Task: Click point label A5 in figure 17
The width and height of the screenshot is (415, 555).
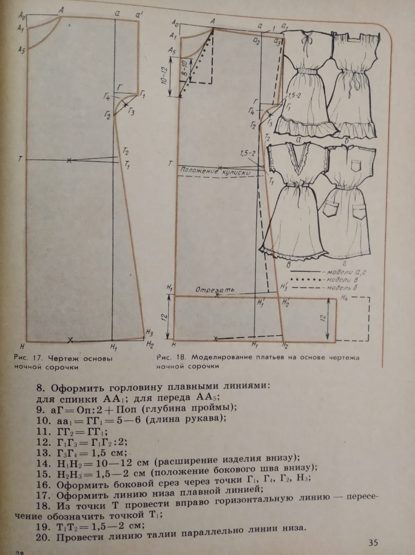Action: click(22, 50)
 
